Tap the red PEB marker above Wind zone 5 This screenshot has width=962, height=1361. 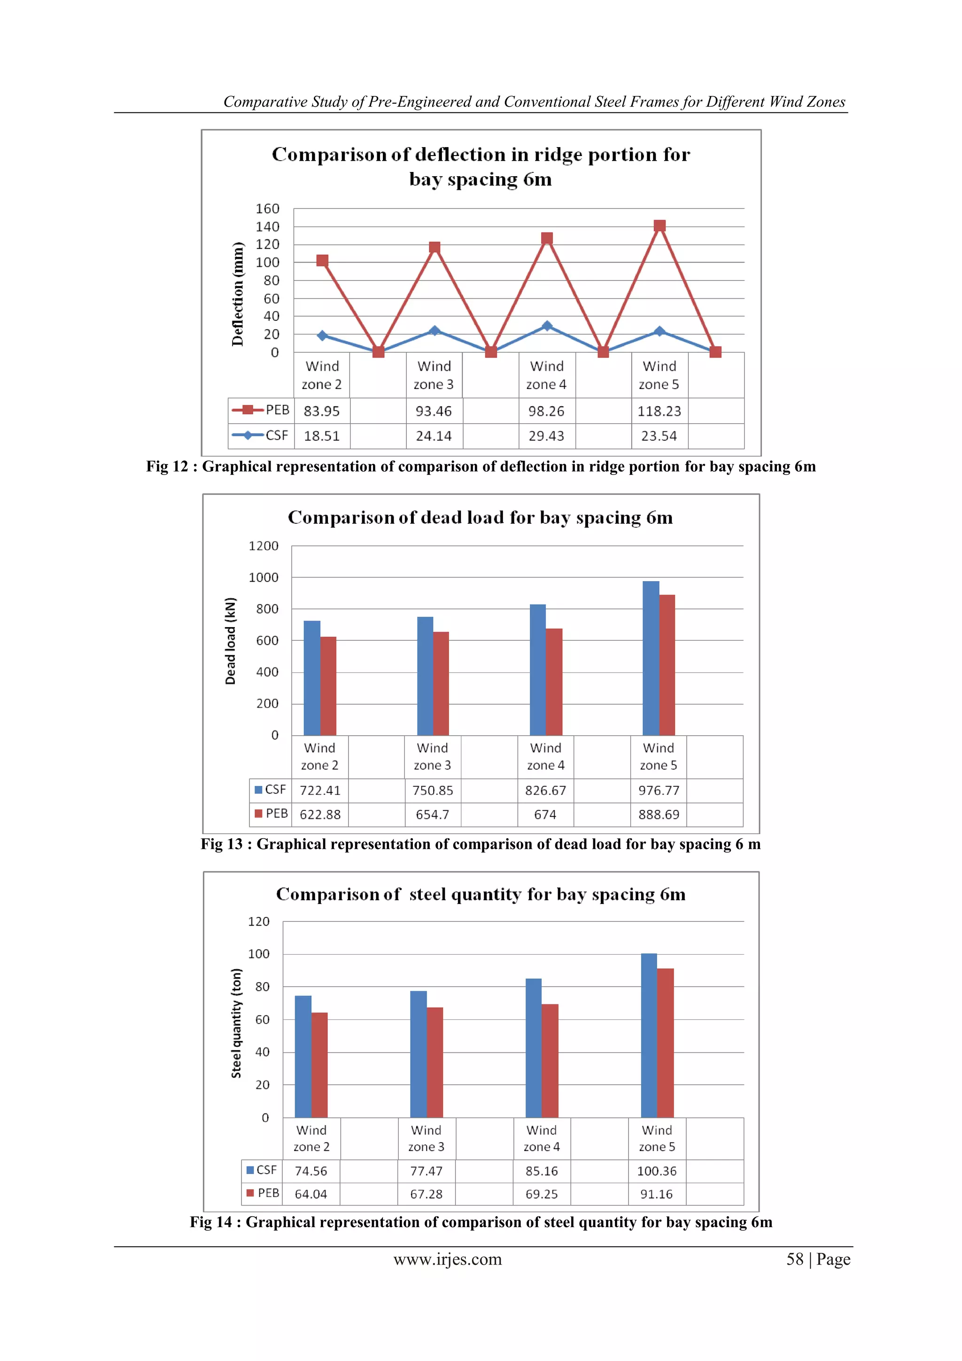[x=659, y=226]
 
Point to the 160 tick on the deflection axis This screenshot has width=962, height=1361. [x=267, y=209]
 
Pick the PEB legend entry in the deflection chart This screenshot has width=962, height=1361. [x=261, y=410]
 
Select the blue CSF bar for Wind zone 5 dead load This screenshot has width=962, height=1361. [x=650, y=658]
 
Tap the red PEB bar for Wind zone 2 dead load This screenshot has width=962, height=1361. [x=328, y=686]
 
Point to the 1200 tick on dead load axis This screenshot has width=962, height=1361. [x=263, y=546]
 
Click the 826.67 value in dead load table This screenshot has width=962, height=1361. [x=545, y=790]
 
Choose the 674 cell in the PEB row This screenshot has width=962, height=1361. [x=545, y=815]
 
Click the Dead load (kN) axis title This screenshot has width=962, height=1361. [x=231, y=641]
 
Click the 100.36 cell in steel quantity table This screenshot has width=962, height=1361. [x=657, y=1171]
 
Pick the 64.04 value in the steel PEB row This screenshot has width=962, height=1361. [x=310, y=1194]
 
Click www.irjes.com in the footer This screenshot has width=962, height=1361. [x=448, y=1259]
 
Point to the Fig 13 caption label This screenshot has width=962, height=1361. [x=222, y=844]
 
